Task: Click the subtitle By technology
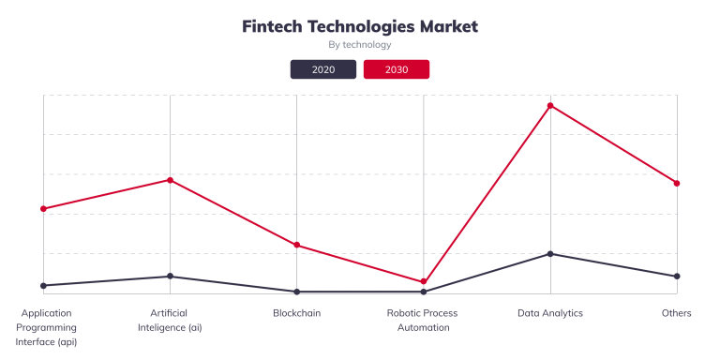coord(360,45)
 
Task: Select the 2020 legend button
coord(323,69)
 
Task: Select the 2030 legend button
coord(397,69)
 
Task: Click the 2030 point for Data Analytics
coord(550,106)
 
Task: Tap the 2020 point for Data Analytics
coord(550,254)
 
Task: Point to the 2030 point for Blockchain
coord(297,246)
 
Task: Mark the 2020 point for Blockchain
coord(297,292)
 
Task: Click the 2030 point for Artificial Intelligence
coord(170,180)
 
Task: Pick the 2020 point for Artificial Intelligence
coord(170,277)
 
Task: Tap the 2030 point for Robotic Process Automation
coord(424,282)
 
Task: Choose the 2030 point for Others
coord(677,183)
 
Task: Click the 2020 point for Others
coord(677,277)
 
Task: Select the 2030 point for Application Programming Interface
coord(44,209)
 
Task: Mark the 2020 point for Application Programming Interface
coord(44,285)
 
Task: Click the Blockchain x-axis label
coord(297,313)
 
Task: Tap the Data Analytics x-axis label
coord(550,313)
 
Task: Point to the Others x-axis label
coord(676,313)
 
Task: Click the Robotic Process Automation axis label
coord(424,321)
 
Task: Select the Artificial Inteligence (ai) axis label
coord(170,321)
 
